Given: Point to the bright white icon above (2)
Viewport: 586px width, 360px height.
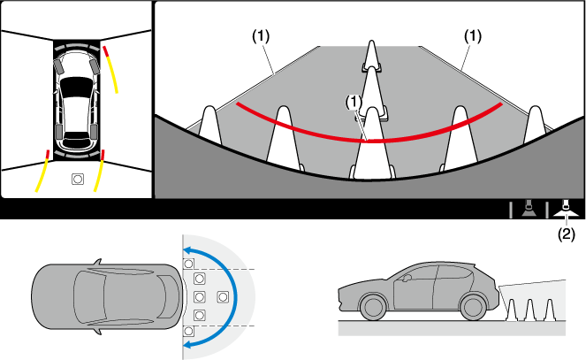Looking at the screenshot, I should coord(567,210).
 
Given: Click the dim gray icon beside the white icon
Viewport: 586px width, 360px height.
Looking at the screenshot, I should coord(528,210).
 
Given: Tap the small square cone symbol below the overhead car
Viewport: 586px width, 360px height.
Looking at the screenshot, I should coord(78,179).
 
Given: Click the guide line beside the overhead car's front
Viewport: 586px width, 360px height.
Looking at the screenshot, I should coord(112,70).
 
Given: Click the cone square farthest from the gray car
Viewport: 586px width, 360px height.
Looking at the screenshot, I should coord(222,296).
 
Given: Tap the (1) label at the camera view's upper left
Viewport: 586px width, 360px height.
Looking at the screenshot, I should coord(261,36).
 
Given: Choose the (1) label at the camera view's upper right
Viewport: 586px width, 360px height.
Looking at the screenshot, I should coord(474,36).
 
